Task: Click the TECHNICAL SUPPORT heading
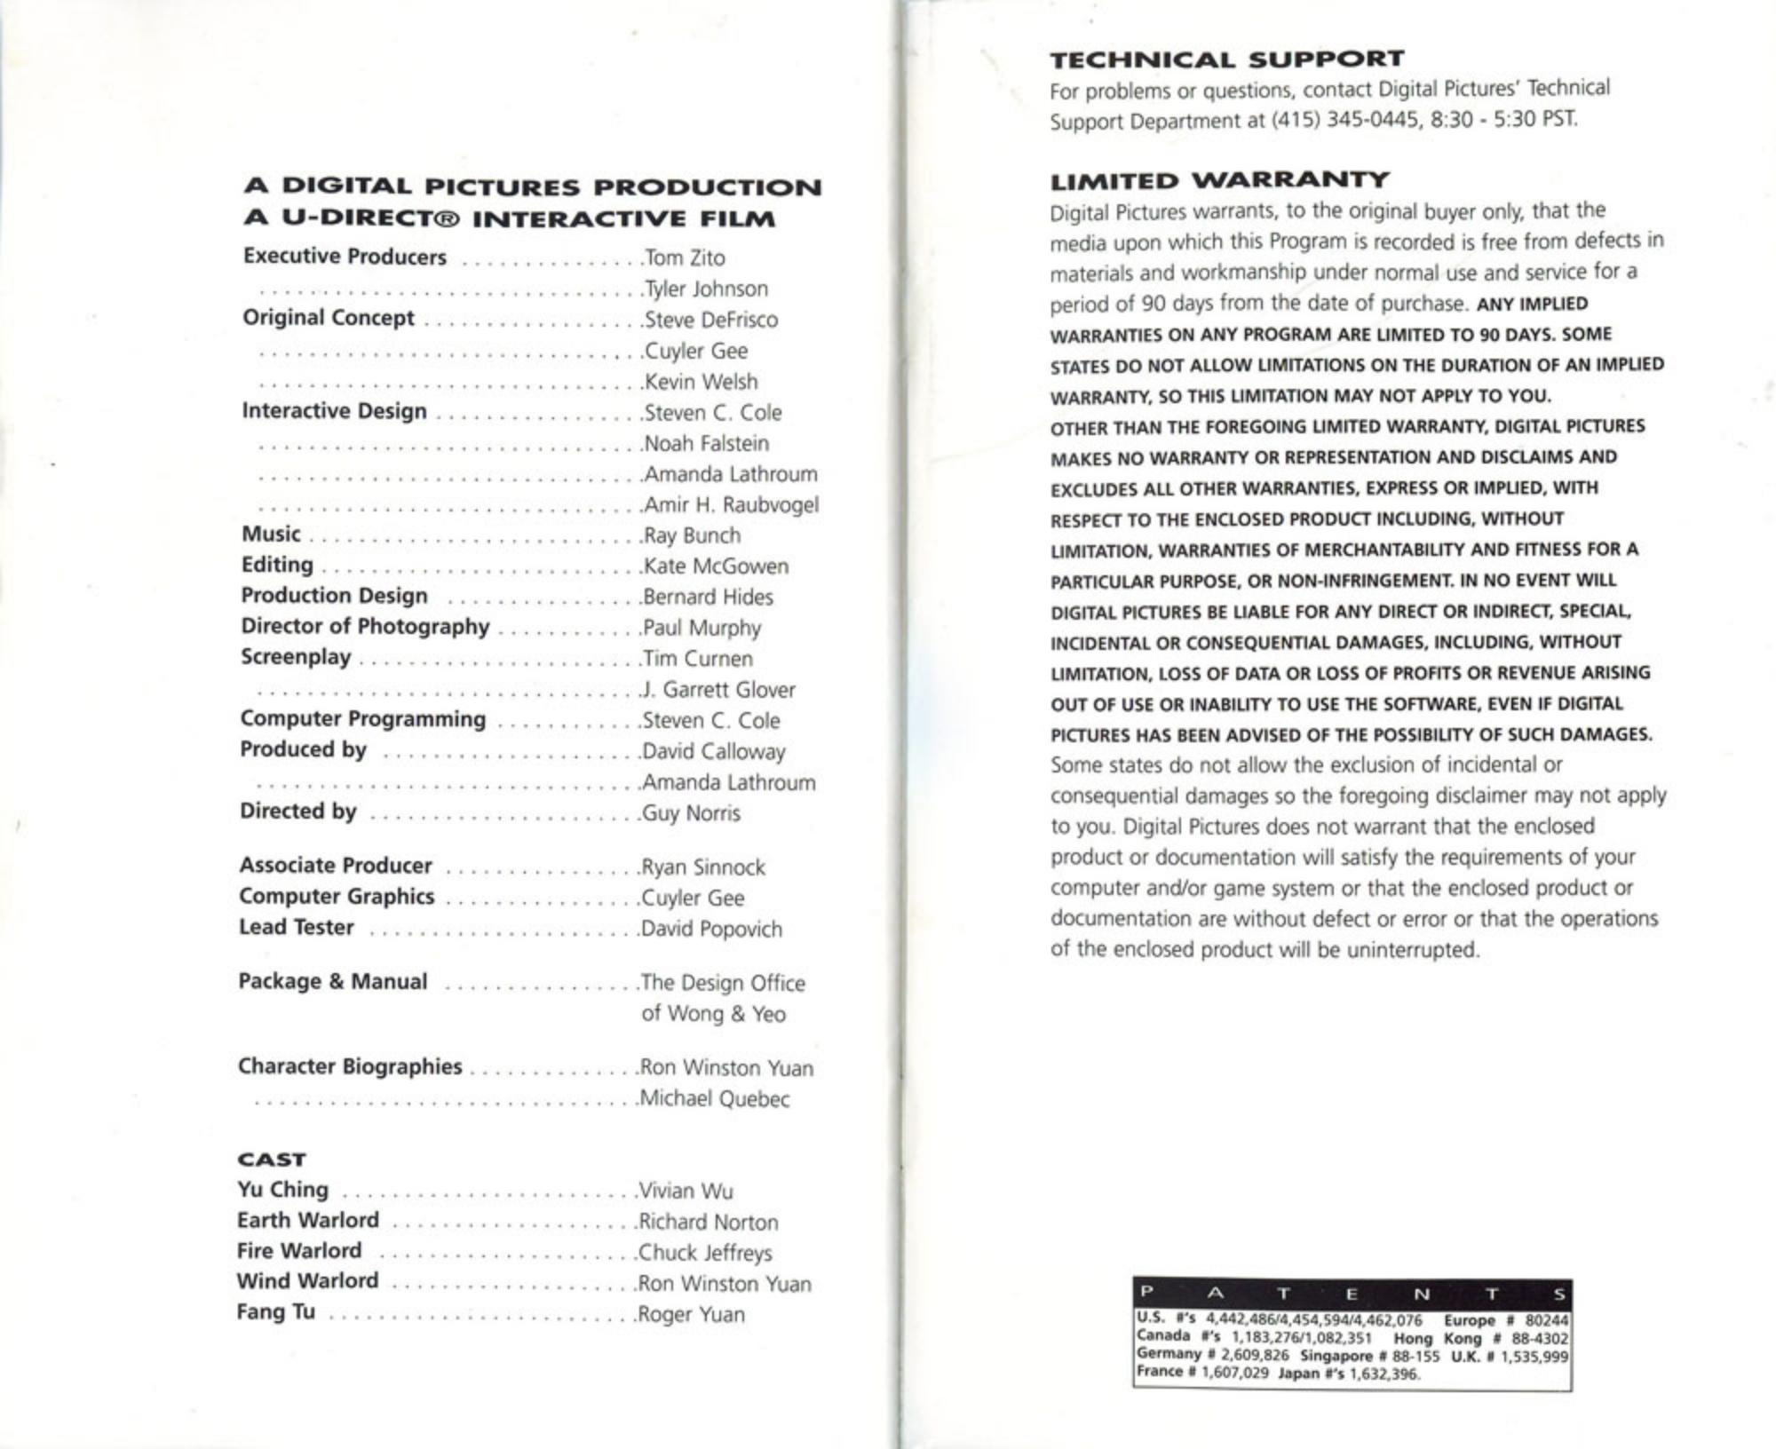1226,59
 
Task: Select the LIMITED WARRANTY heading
1219,181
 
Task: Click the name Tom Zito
685,257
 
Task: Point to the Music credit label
271,534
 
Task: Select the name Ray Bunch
692,535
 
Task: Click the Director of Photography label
365,626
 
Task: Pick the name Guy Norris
691,813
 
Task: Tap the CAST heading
271,1160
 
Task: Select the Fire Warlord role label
299,1250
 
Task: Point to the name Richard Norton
709,1222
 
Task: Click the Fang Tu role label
275,1311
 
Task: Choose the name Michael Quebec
715,1098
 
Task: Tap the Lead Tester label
297,927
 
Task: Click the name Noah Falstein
707,443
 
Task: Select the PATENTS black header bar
1352,1293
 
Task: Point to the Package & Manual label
333,981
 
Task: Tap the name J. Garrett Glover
718,690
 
